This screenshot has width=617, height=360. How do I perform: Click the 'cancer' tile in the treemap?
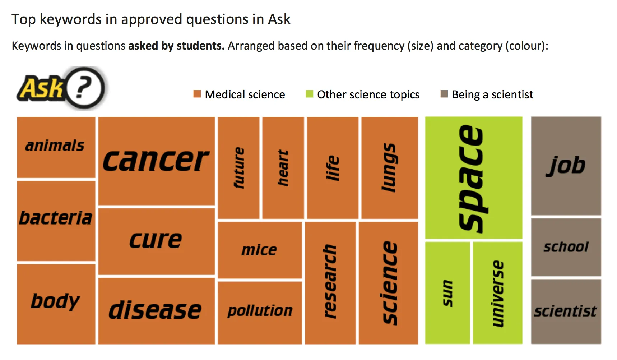click(x=157, y=161)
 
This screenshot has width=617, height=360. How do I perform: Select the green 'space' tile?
click(x=474, y=177)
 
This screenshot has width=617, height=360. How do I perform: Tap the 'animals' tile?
click(x=56, y=147)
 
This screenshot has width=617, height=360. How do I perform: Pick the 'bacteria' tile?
click(x=56, y=221)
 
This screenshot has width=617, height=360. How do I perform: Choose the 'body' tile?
click(x=56, y=304)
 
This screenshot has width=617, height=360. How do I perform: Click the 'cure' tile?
click(x=157, y=241)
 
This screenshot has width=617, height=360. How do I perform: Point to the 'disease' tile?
click(x=157, y=311)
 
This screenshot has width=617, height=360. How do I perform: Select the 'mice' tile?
click(x=260, y=250)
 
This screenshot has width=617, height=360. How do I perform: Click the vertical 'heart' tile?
click(x=283, y=168)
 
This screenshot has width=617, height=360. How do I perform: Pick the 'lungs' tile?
click(x=389, y=168)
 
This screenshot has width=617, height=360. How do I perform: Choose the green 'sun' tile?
click(x=447, y=293)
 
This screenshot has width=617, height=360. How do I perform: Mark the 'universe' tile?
click(x=498, y=293)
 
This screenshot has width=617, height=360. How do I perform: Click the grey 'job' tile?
click(x=566, y=166)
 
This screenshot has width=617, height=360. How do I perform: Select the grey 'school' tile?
click(x=566, y=247)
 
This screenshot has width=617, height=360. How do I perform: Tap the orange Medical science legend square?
click(x=197, y=94)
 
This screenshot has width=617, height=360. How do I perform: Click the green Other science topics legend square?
click(x=309, y=94)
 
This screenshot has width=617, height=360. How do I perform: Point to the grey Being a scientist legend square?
click(x=444, y=94)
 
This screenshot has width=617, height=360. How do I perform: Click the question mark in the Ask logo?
click(x=83, y=88)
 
